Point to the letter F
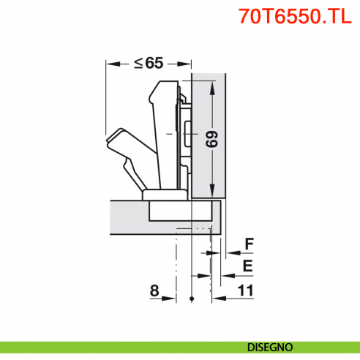(x=249, y=243)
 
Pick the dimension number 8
(x=154, y=290)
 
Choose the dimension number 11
(x=245, y=290)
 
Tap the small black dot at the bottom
(x=191, y=299)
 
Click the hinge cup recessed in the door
(x=181, y=211)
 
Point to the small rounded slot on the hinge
(x=187, y=135)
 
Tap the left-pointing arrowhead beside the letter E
(x=223, y=275)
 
